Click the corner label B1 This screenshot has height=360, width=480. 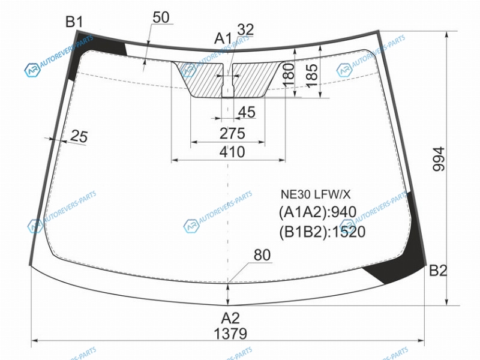(x=74, y=22)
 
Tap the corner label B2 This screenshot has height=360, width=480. (x=438, y=271)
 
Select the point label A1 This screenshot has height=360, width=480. (x=223, y=38)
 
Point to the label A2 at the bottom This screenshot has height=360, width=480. (x=230, y=319)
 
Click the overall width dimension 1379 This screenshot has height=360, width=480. (x=230, y=334)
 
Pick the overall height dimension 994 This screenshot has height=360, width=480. (x=439, y=159)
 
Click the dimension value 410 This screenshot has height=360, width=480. (x=232, y=152)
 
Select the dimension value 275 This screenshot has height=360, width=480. (x=232, y=133)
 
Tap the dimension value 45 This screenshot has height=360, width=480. (x=247, y=112)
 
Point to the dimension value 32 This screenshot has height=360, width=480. (x=245, y=29)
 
